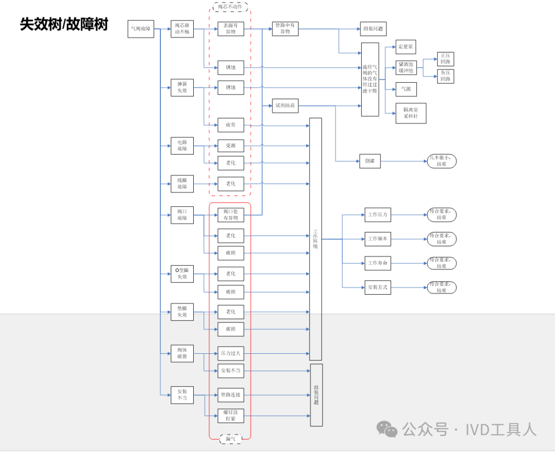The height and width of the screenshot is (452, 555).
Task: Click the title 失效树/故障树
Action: click(64, 24)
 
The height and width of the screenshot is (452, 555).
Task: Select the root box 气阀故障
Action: click(141, 29)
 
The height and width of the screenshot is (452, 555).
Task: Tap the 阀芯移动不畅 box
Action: click(182, 29)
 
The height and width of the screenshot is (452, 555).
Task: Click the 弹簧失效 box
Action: click(182, 87)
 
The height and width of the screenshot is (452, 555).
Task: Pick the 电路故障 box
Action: click(182, 146)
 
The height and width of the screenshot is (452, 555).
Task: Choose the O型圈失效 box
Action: click(182, 274)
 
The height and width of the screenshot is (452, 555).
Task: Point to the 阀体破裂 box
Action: click(182, 353)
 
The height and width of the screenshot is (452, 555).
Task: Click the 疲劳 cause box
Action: click(230, 125)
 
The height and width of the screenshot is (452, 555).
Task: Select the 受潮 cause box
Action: click(230, 146)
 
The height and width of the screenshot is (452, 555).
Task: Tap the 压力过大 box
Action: click(230, 353)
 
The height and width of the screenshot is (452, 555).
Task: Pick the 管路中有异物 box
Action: click(285, 29)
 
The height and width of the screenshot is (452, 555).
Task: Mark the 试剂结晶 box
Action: click(285, 106)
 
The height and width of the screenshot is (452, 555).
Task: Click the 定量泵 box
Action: click(405, 47)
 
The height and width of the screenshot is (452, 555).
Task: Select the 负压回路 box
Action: click(445, 76)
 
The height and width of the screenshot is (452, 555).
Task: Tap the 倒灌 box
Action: click(370, 161)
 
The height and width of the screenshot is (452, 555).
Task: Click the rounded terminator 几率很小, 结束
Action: click(441, 161)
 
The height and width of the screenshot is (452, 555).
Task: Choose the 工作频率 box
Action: click(378, 239)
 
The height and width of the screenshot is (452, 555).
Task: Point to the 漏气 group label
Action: click(230, 439)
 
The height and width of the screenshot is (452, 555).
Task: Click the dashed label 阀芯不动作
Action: click(230, 7)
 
